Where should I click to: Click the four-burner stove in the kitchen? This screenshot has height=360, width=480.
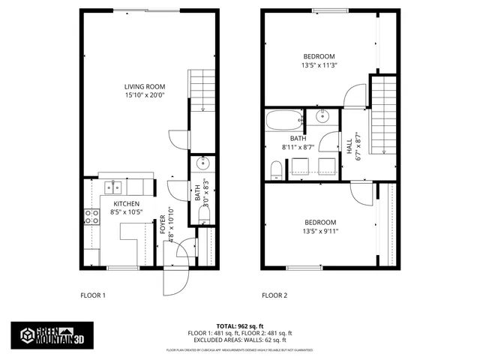pos(91,217)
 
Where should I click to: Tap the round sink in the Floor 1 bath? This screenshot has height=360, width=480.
pos(202,164)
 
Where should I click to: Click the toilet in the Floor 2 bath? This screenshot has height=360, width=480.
pos(275,173)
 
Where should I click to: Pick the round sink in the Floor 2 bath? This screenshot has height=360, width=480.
pos(323,116)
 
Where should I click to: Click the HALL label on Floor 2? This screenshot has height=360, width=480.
pos(349,145)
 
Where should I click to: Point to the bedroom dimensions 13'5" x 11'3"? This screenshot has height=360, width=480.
pos(319,66)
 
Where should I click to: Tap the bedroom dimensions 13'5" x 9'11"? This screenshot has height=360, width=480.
pos(319,231)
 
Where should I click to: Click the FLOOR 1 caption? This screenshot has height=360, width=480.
pos(93,295)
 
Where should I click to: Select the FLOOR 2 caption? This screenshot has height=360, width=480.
pos(274,295)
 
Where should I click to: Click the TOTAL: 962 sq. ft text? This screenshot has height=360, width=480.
pos(239,326)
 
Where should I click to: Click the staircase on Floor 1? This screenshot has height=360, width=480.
pos(202,89)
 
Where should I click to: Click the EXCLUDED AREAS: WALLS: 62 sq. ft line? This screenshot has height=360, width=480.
pos(239,339)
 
